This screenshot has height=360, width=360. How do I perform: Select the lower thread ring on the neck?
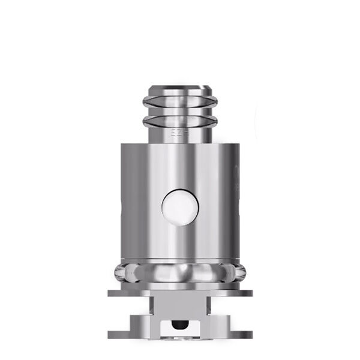click(179, 122)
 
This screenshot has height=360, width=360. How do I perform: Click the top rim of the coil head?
click(179, 89)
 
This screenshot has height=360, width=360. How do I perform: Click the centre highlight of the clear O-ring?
click(180, 271)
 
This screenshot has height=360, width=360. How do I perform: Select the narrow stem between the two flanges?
click(180, 304)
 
